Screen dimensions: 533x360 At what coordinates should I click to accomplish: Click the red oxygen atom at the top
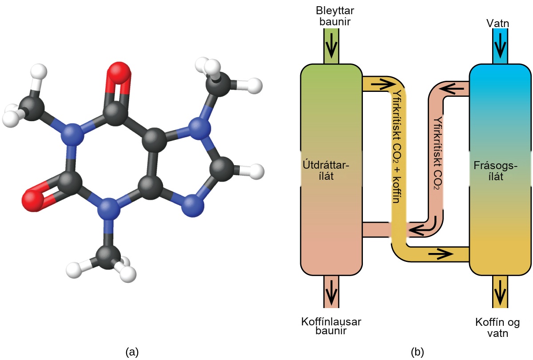119,73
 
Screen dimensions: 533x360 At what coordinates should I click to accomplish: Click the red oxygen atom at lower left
33,199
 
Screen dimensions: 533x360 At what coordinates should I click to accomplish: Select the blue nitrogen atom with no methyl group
193,206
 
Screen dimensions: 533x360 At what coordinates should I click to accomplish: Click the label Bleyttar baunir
335,16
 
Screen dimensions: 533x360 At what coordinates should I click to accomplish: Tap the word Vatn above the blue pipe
497,23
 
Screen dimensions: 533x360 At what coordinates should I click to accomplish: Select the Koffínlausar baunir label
331,326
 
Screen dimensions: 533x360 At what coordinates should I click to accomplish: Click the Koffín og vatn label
497,328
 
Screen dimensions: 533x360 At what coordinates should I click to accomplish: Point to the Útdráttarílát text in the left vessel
326,170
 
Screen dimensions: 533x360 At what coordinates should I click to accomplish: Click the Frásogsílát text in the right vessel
495,171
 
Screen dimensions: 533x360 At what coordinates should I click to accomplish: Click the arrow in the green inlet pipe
331,46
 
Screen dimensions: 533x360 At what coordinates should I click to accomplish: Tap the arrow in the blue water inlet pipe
500,46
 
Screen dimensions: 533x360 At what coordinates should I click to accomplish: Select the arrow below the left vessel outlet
331,293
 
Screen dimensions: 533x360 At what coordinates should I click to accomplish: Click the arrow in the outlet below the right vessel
500,293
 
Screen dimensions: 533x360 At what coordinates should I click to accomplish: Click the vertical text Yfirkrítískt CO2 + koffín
397,146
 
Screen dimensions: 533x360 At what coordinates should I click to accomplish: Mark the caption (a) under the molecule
132,352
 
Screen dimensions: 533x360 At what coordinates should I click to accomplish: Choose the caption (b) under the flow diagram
418,352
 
